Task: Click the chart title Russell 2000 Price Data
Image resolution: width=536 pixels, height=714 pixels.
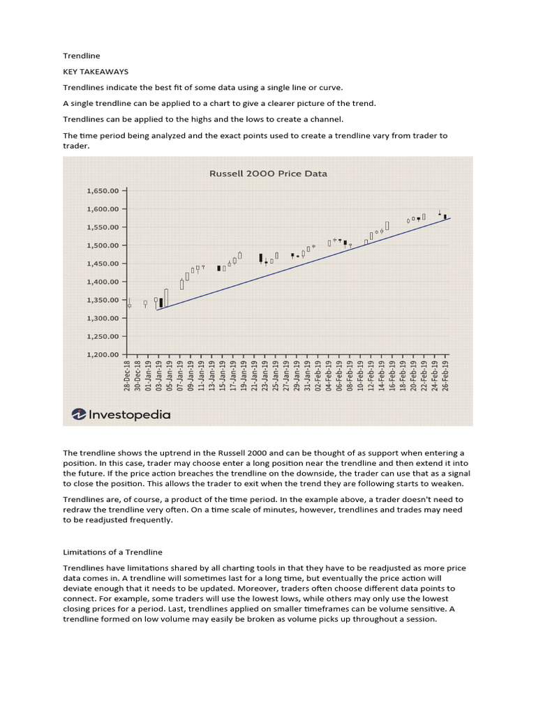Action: tap(268, 174)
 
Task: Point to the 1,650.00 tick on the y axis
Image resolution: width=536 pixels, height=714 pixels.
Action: tap(103, 190)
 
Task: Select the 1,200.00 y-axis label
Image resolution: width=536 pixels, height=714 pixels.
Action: tap(103, 354)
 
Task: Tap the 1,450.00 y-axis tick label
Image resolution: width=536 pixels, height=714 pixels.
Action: tap(103, 264)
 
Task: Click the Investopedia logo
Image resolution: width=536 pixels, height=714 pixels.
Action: tap(121, 414)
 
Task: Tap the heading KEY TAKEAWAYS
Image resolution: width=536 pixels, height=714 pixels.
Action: tap(96, 71)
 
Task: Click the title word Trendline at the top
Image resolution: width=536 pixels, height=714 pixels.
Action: tap(82, 55)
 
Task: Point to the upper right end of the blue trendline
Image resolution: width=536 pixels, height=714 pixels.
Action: tap(450, 218)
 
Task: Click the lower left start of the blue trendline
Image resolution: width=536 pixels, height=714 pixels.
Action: tap(157, 310)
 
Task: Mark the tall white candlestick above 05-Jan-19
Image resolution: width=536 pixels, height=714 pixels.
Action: tap(166, 297)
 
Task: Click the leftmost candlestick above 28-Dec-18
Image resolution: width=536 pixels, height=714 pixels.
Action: tap(129, 305)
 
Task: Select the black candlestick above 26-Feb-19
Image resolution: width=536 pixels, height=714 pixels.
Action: tap(445, 217)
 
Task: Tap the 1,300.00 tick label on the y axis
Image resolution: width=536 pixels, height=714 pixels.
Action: tap(103, 318)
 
